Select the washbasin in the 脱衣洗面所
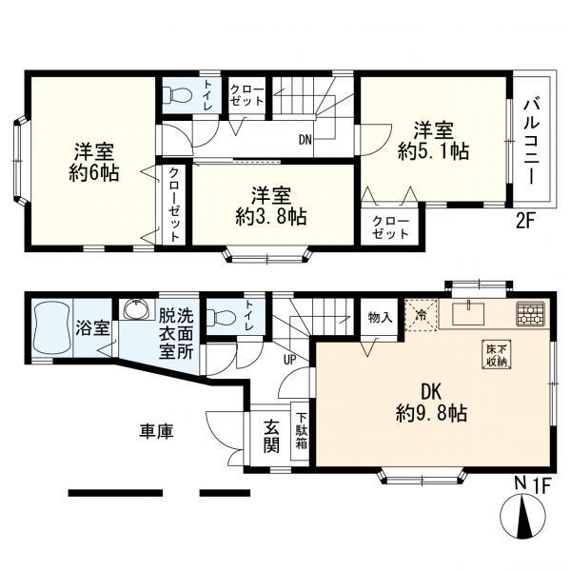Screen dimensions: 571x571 click(134, 312)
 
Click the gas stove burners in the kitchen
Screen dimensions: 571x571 click(528, 312)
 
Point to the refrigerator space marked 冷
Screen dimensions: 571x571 click(421, 313)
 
